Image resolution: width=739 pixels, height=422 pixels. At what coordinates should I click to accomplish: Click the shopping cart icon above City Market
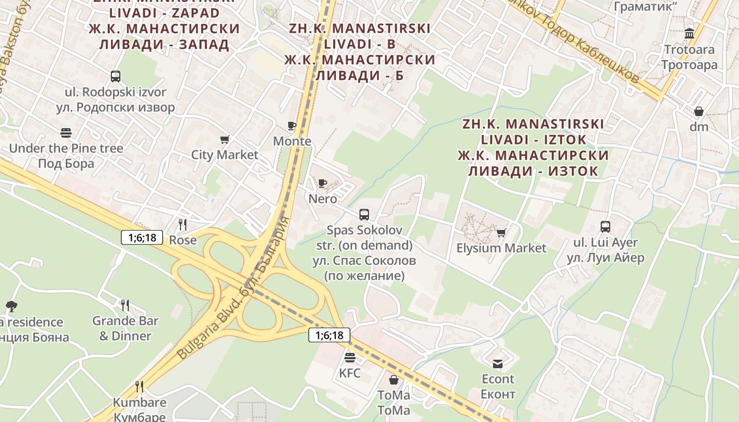(225, 140)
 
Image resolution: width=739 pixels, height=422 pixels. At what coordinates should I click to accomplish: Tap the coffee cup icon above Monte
(292, 126)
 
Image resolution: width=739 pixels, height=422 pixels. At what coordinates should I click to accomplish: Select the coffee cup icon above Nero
(323, 184)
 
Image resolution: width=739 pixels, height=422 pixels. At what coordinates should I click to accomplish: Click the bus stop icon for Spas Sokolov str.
(364, 215)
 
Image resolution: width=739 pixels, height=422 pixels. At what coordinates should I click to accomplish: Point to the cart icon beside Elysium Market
(501, 233)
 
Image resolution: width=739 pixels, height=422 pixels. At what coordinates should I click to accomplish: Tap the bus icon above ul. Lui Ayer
(605, 227)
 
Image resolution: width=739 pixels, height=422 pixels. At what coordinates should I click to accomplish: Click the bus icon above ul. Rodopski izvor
(116, 76)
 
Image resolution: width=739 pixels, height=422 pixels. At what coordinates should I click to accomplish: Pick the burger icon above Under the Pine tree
(66, 132)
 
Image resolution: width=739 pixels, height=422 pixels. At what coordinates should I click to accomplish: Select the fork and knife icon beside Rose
(183, 225)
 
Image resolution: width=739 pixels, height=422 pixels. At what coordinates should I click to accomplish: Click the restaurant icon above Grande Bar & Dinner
(125, 305)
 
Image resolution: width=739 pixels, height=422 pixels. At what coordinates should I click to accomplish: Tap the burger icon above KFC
(349, 358)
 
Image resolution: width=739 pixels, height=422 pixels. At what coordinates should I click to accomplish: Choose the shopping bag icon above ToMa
(394, 380)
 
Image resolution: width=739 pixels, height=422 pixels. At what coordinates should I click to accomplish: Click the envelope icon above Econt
(498, 363)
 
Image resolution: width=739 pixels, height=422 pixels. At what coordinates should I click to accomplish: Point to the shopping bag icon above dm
(699, 111)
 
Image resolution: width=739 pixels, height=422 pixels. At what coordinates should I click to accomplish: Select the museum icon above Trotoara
(689, 34)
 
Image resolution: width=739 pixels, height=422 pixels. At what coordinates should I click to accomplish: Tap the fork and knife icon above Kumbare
(139, 387)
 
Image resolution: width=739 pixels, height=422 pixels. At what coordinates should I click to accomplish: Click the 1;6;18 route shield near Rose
(143, 237)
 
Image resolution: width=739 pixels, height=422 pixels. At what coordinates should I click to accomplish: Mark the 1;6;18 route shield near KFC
(329, 335)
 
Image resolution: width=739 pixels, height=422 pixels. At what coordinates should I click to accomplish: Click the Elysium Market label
(501, 248)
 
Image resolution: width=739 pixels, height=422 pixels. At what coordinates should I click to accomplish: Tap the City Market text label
(225, 155)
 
